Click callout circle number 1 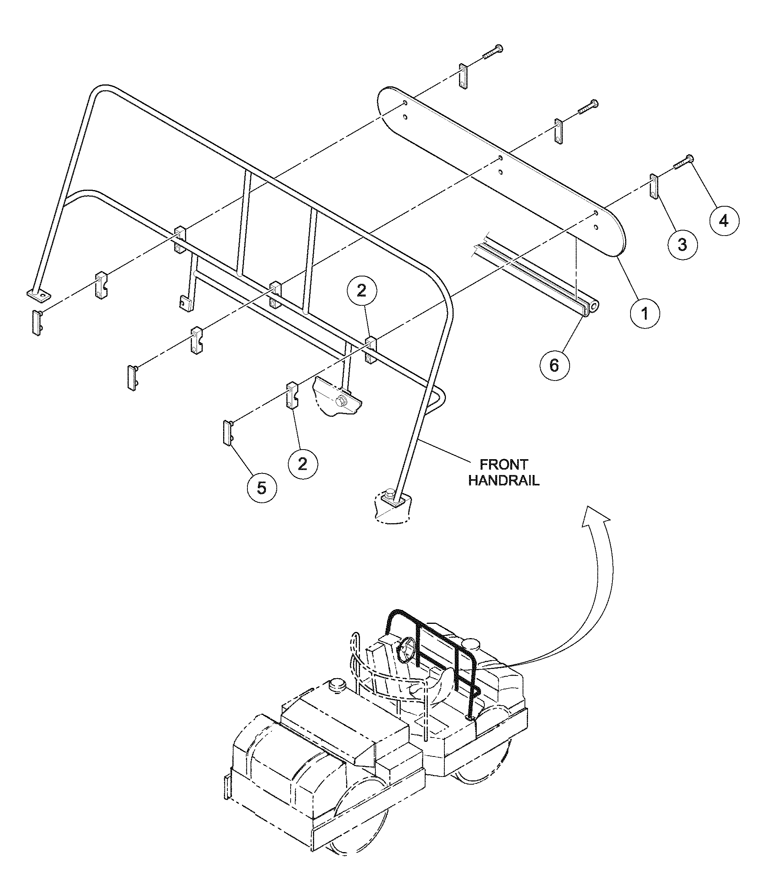coord(645,314)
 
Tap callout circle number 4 coord(724,221)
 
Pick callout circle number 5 coord(262,488)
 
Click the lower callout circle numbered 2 coord(303,464)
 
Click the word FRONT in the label coord(503,465)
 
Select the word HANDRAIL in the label coord(504,481)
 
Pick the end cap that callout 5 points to coord(228,433)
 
